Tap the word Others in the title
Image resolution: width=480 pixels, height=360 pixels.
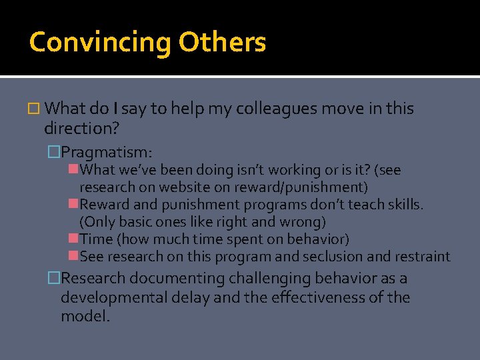pos(222,41)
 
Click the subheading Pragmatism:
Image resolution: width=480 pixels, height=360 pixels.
pos(111,153)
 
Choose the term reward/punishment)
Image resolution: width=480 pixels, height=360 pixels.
pos(310,187)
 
